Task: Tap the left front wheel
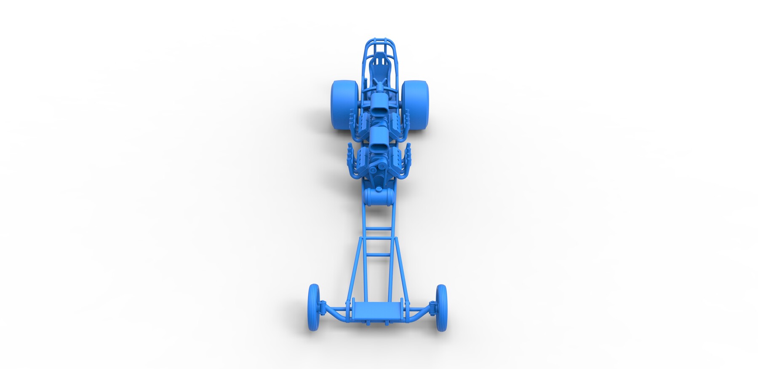tap(314, 307)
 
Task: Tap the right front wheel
tap(441, 307)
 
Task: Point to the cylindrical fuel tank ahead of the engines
tap(379, 197)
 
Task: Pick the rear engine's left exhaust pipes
tap(354, 122)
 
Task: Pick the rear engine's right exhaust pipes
tap(405, 122)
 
